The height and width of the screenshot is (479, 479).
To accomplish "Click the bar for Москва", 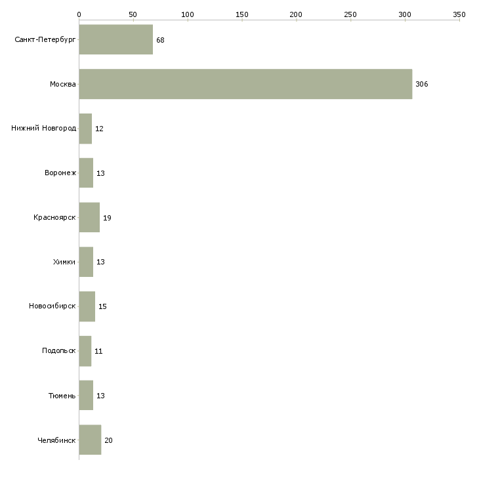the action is (245, 84).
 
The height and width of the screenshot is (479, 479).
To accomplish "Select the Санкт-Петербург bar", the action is (116, 39).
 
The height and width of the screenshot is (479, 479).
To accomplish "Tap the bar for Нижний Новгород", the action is (85, 129).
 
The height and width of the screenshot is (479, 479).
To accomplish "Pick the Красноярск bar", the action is (89, 217).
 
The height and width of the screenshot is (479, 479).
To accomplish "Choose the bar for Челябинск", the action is (90, 440).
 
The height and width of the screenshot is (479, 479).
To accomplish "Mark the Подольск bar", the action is (85, 351).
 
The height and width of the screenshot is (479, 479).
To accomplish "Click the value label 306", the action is (421, 84).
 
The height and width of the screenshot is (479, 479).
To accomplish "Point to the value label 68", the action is (160, 40).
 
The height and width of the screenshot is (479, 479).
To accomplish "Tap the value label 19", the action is (107, 218).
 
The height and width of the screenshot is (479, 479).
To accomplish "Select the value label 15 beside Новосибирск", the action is (102, 306).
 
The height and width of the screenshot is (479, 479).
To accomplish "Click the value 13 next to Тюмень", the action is (100, 396).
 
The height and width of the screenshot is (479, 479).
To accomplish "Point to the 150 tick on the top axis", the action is (241, 14).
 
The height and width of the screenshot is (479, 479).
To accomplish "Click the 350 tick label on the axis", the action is (459, 14).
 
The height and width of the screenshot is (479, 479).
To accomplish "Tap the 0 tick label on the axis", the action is (79, 14).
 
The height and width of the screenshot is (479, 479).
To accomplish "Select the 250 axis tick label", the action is (350, 14).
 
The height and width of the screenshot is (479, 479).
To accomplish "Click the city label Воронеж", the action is (60, 173).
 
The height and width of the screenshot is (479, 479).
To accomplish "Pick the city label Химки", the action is (64, 262).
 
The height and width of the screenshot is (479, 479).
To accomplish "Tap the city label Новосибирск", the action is (52, 306).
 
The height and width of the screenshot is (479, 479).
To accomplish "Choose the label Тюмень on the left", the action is (62, 396).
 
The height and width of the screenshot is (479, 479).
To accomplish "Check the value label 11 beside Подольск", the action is (98, 351).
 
